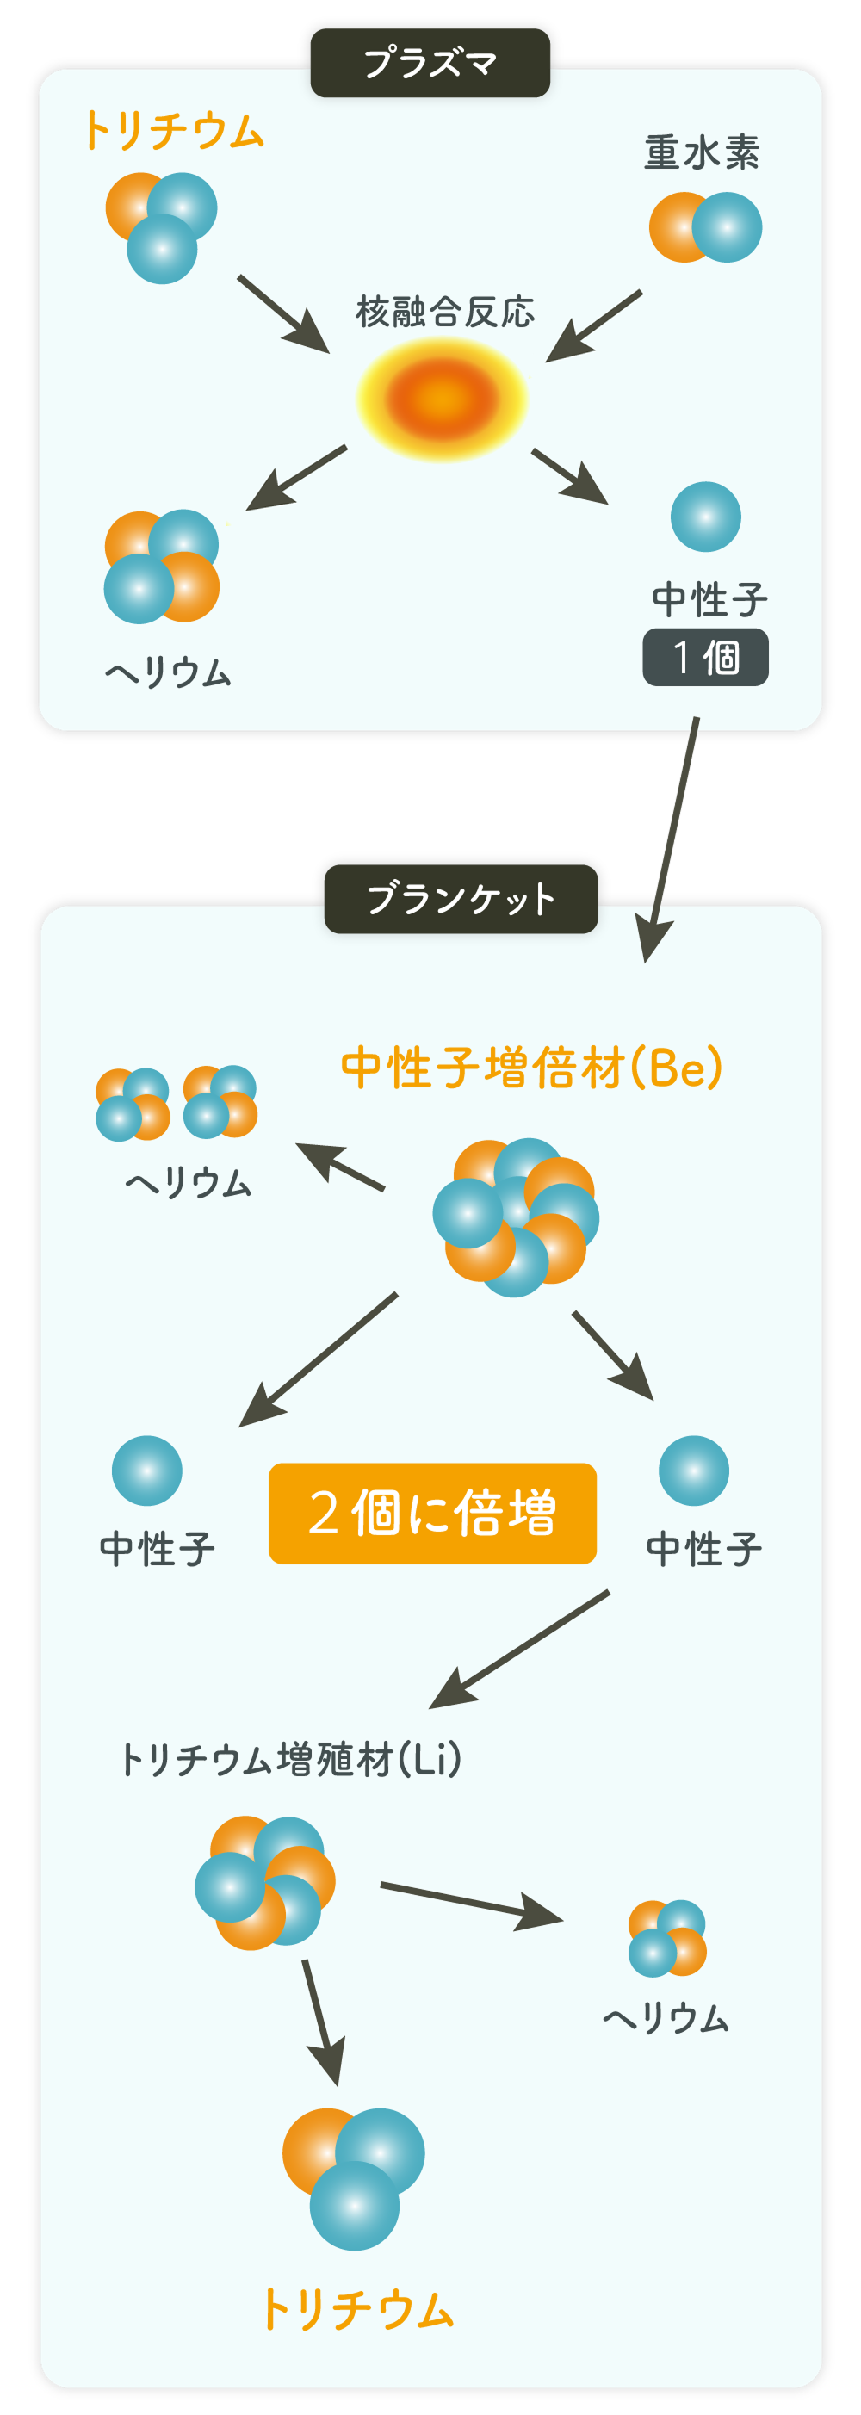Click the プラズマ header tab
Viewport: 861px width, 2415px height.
[x=430, y=63]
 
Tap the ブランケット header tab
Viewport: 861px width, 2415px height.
[x=461, y=898]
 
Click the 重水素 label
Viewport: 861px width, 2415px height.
[x=702, y=152]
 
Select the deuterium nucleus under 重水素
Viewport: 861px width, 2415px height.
[x=705, y=228]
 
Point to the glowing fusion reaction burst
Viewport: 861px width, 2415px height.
[x=442, y=399]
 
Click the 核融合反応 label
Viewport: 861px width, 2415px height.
[x=444, y=313]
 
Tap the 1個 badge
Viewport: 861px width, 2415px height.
[x=705, y=657]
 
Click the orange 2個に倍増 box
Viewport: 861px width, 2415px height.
[x=432, y=1513]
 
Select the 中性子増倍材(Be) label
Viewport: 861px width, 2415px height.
[x=532, y=1068]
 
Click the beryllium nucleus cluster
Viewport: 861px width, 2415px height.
[x=516, y=1217]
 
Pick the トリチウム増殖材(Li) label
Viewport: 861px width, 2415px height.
[x=291, y=1760]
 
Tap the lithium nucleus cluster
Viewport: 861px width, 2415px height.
[x=264, y=1881]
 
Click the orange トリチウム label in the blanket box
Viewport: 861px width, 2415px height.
[x=356, y=2308]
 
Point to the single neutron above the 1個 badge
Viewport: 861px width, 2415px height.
[x=705, y=517]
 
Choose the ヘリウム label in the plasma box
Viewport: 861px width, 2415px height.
[x=168, y=672]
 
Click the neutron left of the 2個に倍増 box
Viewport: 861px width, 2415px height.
[x=147, y=1470]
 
